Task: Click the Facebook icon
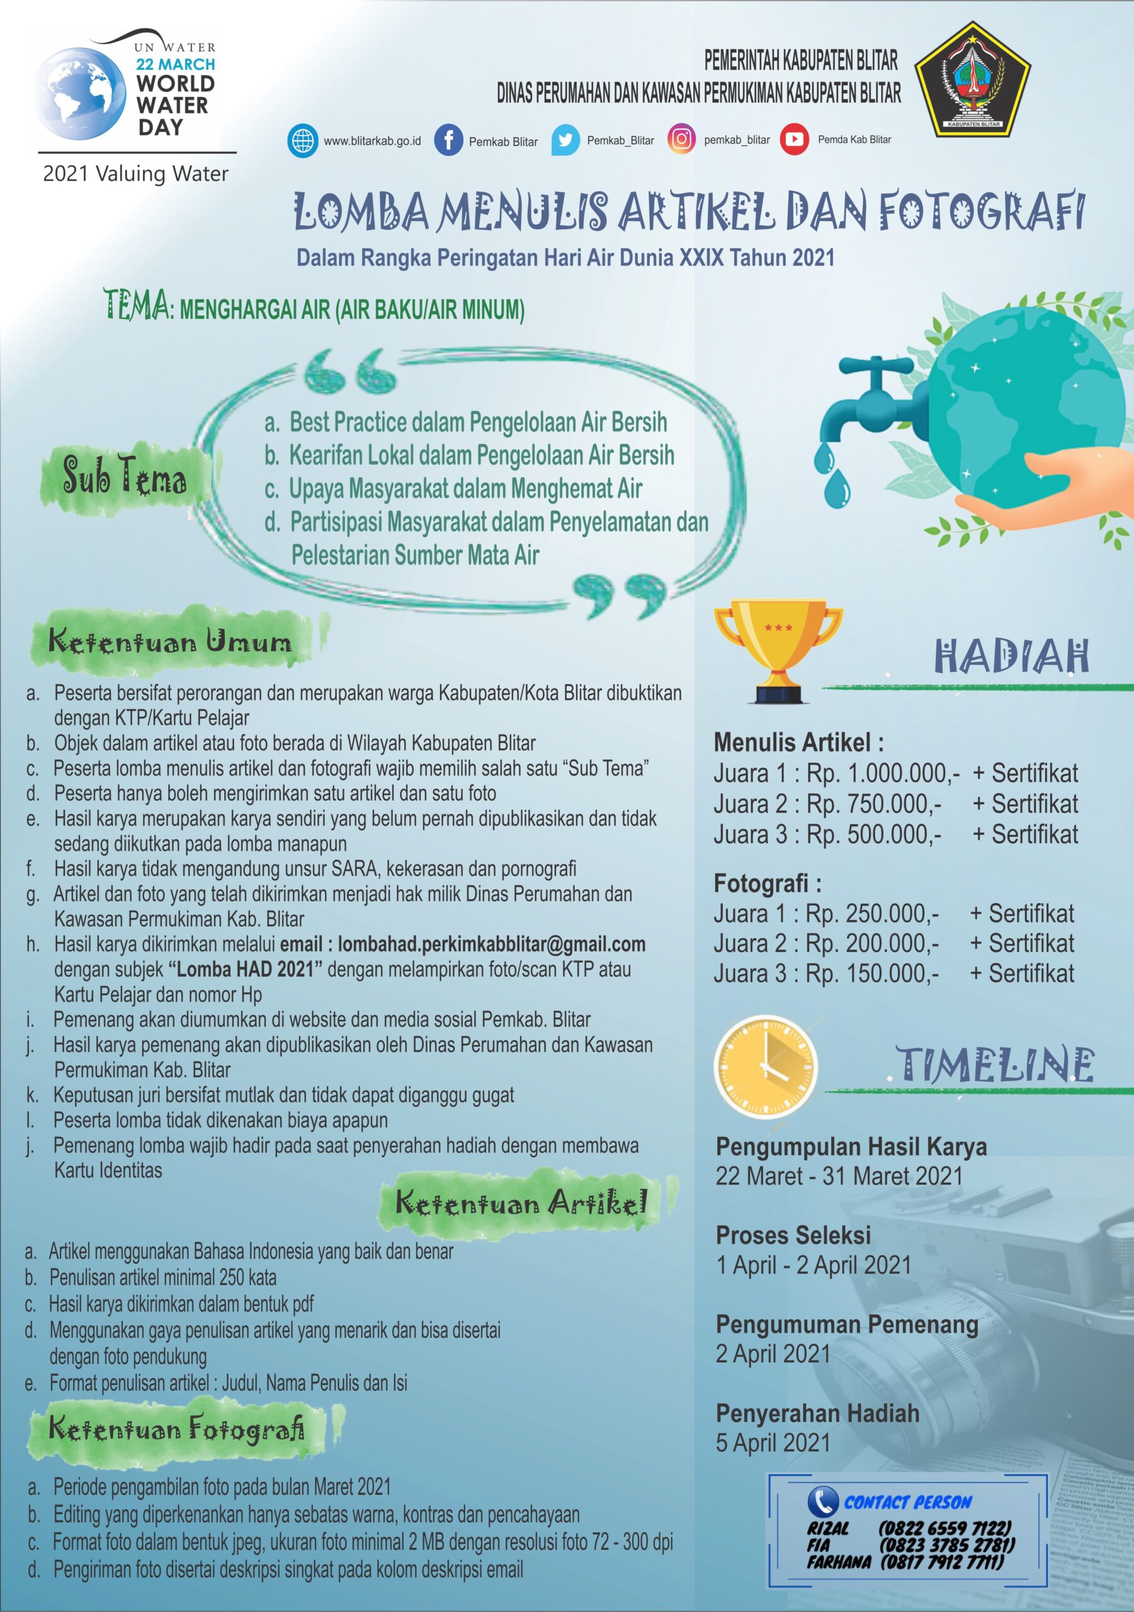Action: click(x=448, y=140)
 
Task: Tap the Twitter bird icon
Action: click(x=565, y=140)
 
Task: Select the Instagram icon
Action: click(x=681, y=139)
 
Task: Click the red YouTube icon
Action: click(x=794, y=139)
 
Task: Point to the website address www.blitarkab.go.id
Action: click(x=372, y=141)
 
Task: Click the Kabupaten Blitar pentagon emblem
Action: click(x=973, y=79)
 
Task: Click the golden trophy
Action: click(x=778, y=649)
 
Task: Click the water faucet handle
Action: click(x=876, y=366)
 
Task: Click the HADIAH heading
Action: click(x=1011, y=657)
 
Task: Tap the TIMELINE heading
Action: click(x=995, y=1064)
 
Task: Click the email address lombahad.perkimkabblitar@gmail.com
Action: click(x=492, y=945)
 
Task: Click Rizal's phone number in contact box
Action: click(x=945, y=1528)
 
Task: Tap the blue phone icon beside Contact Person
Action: click(x=822, y=1501)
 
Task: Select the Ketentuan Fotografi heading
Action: click(x=177, y=1429)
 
